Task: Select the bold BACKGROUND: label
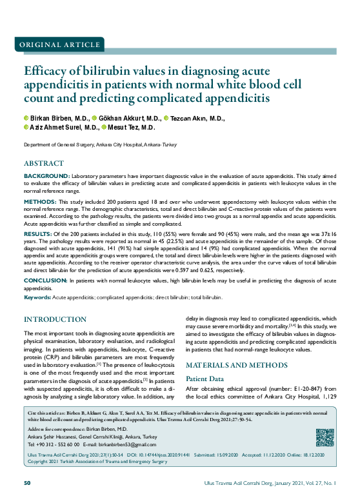point(47,176)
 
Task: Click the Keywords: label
point(37,297)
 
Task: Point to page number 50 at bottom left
point(27,484)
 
